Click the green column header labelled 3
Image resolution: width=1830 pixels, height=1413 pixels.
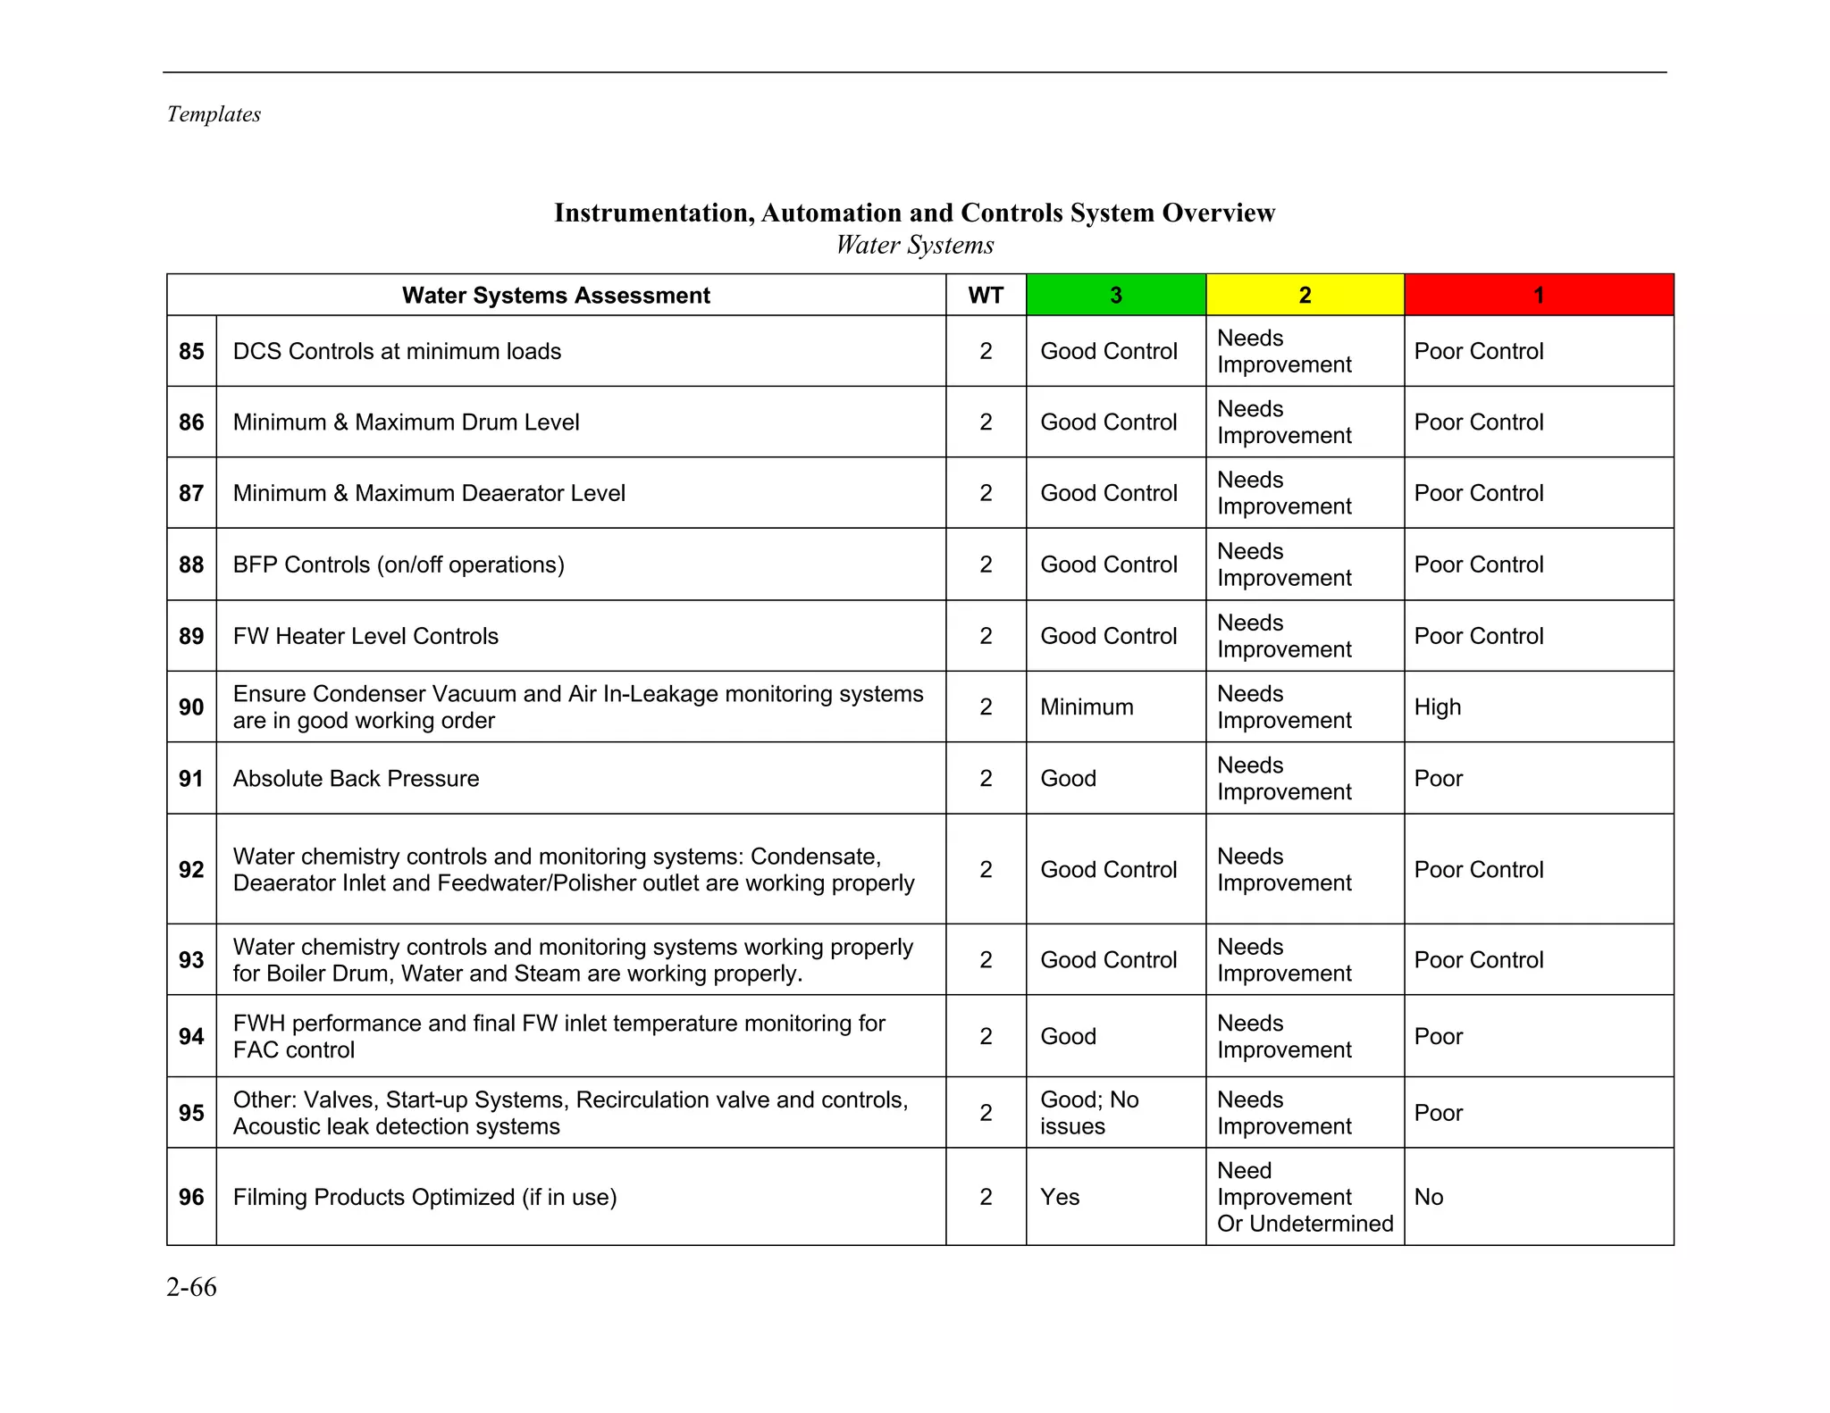pyautogui.click(x=1115, y=296)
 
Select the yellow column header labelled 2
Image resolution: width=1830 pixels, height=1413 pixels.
pyautogui.click(x=1305, y=296)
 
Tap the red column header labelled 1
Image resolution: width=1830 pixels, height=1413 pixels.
pyautogui.click(x=1538, y=296)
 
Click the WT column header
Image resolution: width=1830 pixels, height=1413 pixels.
pyautogui.click(x=986, y=296)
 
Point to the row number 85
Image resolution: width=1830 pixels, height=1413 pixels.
pyautogui.click(x=191, y=351)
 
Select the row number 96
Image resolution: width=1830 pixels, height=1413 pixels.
pyautogui.click(x=191, y=1197)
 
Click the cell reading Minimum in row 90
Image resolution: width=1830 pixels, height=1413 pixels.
pyautogui.click(x=1087, y=706)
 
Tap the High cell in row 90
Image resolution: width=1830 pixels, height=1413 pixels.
pyautogui.click(x=1437, y=706)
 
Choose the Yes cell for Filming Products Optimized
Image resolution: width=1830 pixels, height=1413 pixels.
pyautogui.click(x=1060, y=1197)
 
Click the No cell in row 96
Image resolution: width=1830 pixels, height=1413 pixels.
pyautogui.click(x=1428, y=1197)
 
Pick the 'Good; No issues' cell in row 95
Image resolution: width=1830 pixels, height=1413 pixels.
pyautogui.click(x=1089, y=1113)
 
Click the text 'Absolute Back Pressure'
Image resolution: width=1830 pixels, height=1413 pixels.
pyautogui.click(x=356, y=778)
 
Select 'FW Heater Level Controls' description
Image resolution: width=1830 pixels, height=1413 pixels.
pyautogui.click(x=365, y=636)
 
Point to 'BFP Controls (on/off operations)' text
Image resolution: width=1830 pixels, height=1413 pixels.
pyautogui.click(x=399, y=564)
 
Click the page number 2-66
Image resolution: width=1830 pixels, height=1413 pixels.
pyautogui.click(x=191, y=1287)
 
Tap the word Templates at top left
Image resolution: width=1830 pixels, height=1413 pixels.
pyautogui.click(x=214, y=114)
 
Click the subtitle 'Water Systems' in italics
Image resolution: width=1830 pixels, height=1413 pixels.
pyautogui.click(x=914, y=245)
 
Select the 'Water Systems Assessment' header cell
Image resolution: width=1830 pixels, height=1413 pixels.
pyautogui.click(x=556, y=296)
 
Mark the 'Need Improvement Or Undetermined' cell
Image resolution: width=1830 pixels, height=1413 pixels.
pyautogui.click(x=1304, y=1197)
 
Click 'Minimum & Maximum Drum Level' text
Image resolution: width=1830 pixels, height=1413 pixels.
pyautogui.click(x=406, y=422)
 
